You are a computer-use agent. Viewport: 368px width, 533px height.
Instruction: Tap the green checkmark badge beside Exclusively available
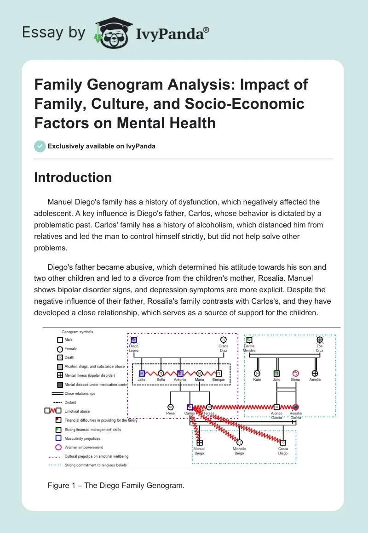click(40, 146)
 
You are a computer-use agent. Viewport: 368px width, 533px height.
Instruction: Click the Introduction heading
click(73, 178)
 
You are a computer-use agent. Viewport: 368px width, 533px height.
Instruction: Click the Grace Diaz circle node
click(224, 340)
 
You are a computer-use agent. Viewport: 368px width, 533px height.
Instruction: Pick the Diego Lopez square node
click(134, 340)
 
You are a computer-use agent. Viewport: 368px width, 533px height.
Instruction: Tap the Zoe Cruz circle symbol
click(320, 340)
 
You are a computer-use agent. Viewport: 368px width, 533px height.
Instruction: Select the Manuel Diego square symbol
click(200, 442)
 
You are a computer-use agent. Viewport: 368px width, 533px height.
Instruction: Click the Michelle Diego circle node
click(239, 442)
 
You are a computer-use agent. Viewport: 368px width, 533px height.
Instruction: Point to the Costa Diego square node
click(283, 442)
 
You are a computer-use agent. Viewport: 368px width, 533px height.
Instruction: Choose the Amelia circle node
click(315, 374)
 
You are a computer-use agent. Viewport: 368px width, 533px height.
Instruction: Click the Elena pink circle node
click(295, 374)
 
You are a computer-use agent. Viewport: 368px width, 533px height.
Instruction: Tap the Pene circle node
click(170, 407)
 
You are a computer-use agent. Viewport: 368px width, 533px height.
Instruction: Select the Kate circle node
click(257, 374)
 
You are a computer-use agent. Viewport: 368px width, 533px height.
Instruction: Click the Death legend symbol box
click(60, 357)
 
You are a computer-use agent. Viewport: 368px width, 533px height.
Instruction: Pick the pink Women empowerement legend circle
click(58, 447)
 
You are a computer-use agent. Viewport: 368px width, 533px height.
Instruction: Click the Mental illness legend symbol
click(60, 375)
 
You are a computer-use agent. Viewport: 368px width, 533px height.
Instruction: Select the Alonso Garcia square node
click(276, 407)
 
